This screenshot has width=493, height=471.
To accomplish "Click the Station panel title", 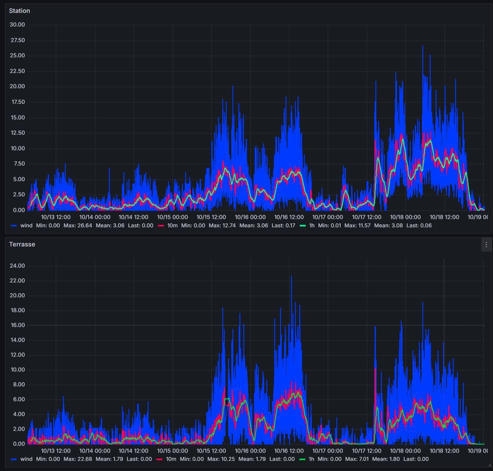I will point(20,11).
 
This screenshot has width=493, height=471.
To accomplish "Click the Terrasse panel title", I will point(22,244).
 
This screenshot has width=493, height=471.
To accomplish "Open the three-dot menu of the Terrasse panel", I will point(486,245).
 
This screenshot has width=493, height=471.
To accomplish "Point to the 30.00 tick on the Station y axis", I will point(17,25).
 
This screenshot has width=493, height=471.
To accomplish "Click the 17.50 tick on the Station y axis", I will point(17,102).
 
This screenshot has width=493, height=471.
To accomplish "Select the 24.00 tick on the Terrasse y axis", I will point(17,266).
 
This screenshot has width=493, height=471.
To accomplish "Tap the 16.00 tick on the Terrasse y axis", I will point(17,325).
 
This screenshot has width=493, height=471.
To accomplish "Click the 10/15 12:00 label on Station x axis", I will point(211,217).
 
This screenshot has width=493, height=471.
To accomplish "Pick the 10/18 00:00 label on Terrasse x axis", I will point(405,451).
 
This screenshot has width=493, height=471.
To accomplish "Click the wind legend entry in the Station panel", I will point(26,225).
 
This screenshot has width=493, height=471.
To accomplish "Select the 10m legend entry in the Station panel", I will point(172,225).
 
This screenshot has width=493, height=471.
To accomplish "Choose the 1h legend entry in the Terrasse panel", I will point(311,459).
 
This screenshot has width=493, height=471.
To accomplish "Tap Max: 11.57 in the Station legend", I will point(357,225).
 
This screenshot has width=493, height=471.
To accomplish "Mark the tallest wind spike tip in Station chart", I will point(422,46).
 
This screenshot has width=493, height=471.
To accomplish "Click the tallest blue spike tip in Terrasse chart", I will point(291,276).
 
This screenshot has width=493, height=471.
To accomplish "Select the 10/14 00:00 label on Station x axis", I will point(95,217).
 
